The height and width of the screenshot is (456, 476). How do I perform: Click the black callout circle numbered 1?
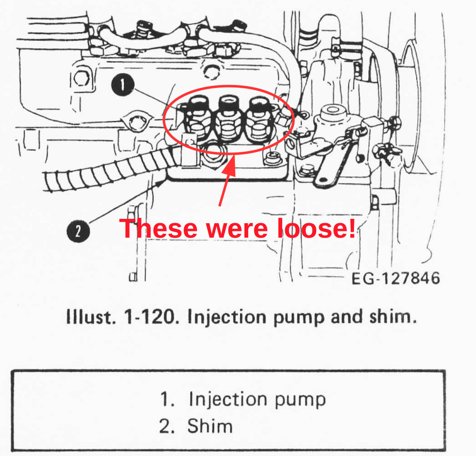[122, 85]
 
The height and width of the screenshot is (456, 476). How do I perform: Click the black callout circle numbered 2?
[78, 231]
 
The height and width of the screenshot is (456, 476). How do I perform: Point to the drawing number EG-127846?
[396, 278]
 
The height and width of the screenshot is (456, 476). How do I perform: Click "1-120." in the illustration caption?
[150, 317]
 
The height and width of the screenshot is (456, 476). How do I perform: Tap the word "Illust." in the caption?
[91, 317]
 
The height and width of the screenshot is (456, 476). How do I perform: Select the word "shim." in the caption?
[393, 317]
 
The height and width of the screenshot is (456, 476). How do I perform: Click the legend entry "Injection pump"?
[257, 400]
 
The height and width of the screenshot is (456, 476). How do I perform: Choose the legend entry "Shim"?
[210, 426]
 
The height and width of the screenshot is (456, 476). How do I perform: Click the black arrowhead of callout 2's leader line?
[160, 183]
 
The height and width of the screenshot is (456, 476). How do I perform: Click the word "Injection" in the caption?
[227, 317]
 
